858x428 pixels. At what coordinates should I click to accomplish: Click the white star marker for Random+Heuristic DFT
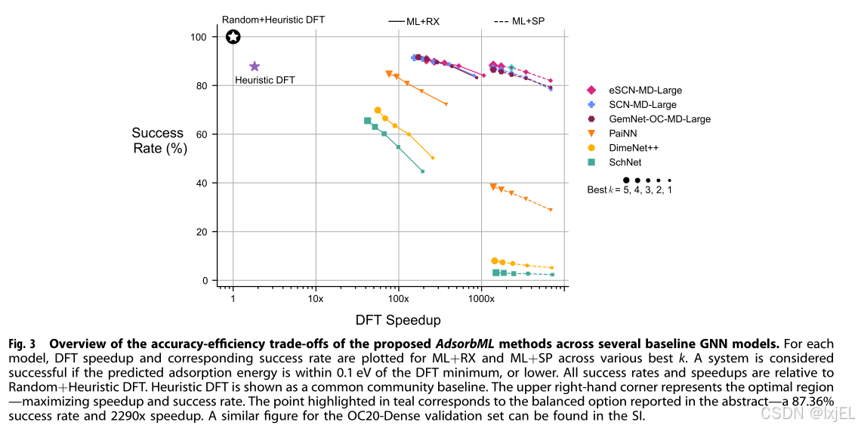[233, 37]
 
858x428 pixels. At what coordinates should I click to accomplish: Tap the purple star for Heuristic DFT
[255, 66]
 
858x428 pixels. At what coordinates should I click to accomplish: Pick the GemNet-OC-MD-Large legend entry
[659, 119]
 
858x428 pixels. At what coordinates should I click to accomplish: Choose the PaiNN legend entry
[624, 134]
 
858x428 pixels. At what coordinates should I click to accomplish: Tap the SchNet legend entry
[625, 162]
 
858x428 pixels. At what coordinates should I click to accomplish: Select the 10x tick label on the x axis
[316, 299]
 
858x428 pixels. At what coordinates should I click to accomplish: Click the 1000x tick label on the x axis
[481, 299]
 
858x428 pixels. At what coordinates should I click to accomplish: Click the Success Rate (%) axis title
[159, 141]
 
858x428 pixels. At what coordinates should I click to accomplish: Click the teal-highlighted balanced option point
[511, 69]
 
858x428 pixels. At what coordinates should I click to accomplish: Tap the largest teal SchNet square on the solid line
[368, 121]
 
